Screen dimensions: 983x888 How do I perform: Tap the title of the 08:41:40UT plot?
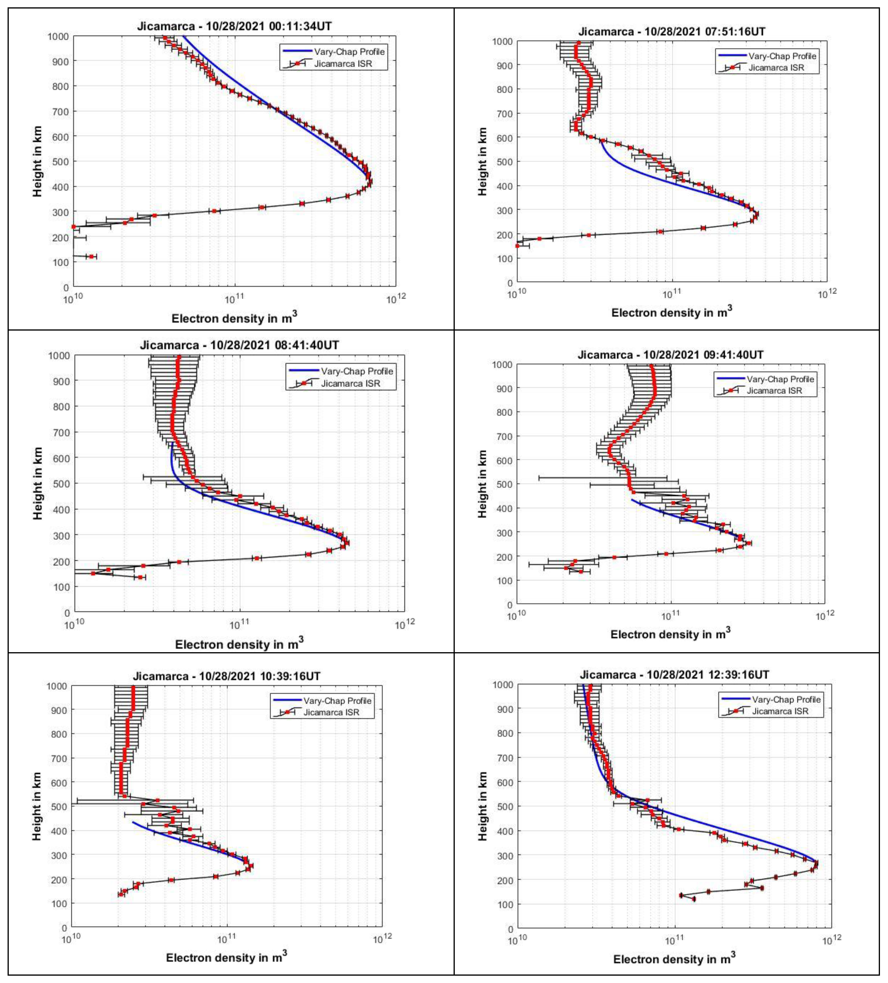(239, 345)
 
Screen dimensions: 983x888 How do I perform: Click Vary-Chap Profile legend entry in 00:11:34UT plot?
(349, 52)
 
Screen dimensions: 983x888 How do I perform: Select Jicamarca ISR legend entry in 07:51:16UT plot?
(776, 68)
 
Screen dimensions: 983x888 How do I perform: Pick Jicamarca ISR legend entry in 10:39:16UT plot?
(331, 712)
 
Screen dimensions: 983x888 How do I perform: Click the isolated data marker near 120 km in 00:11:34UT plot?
(91, 257)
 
